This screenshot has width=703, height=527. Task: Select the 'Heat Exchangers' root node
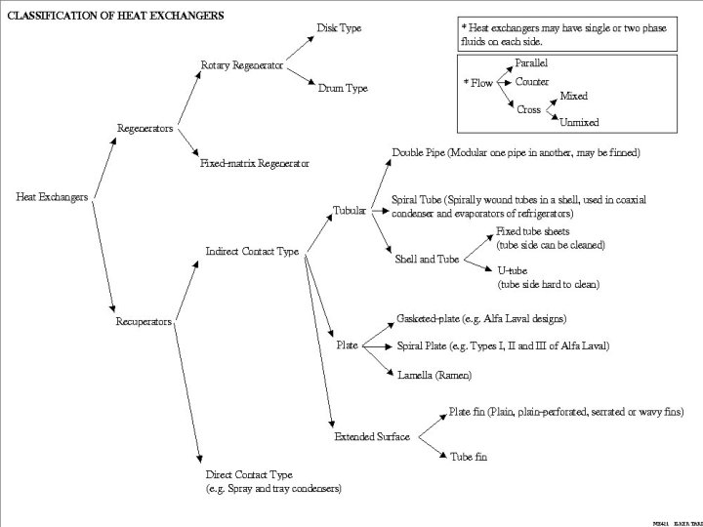pos(53,197)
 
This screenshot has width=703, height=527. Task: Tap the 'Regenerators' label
pos(145,128)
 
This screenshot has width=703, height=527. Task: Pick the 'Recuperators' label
pos(145,321)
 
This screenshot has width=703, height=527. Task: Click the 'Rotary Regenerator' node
pos(242,65)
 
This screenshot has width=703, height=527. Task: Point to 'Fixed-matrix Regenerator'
pos(255,163)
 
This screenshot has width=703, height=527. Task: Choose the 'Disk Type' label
pos(339,28)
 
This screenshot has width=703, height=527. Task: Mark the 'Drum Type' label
pos(343,88)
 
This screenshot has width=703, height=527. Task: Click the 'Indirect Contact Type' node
pos(252,252)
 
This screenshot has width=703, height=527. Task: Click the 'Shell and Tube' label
pos(427,260)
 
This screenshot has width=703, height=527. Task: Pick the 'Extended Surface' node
pos(371,436)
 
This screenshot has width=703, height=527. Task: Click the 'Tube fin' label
pos(468,456)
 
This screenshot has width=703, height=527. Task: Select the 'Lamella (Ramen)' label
pos(434,375)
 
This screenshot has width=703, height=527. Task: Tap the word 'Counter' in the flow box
pos(532,83)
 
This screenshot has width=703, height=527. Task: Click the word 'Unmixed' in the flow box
pos(579,122)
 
